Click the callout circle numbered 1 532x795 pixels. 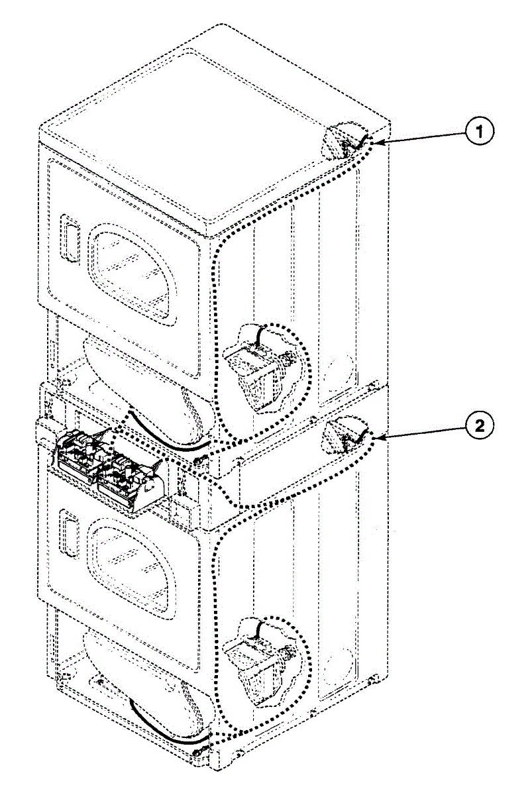click(480, 132)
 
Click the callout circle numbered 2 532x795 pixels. click(480, 425)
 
